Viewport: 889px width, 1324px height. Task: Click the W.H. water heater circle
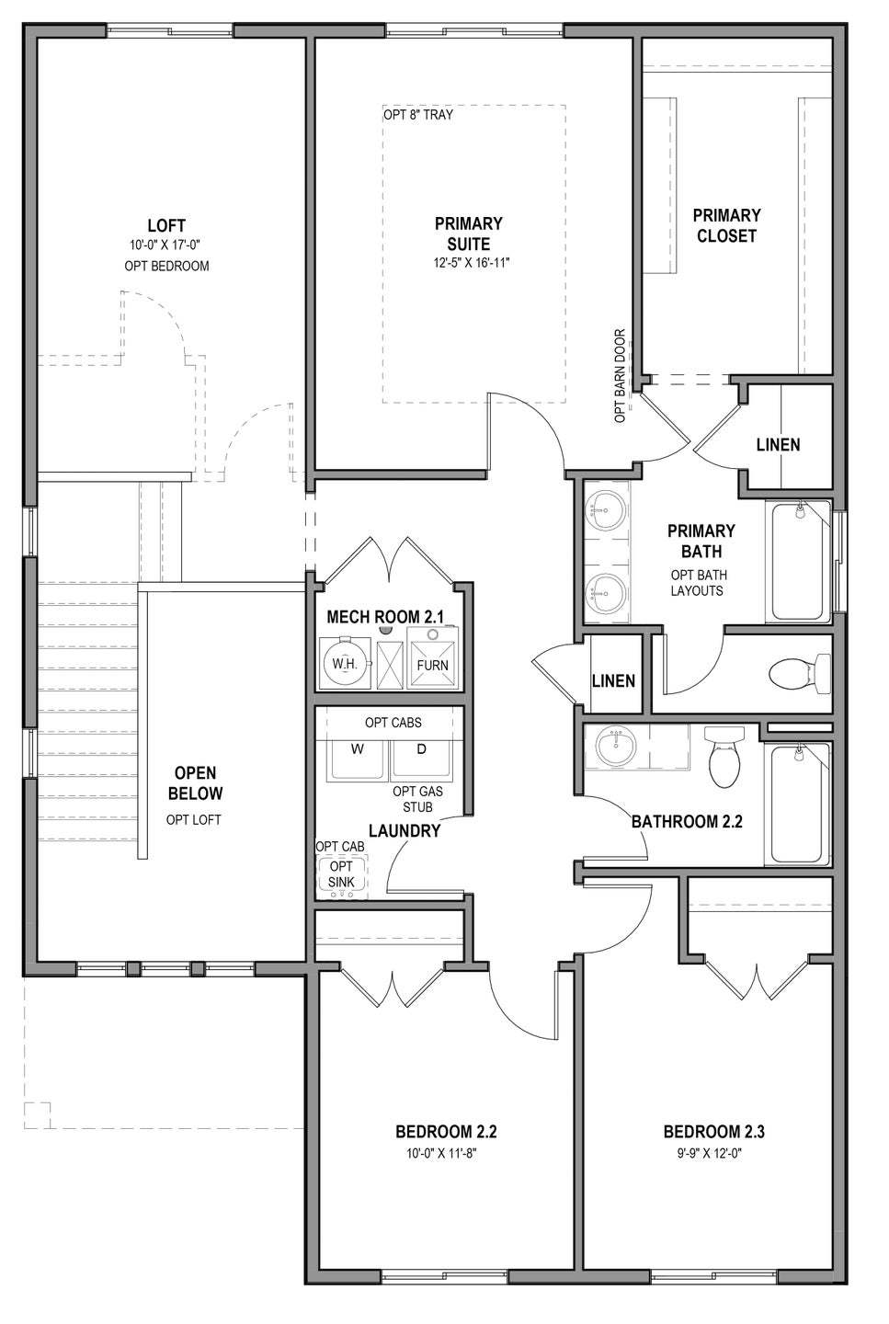[x=345, y=663]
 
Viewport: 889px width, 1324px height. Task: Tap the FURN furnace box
[x=433, y=657]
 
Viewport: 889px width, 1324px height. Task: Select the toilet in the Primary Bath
[x=801, y=673]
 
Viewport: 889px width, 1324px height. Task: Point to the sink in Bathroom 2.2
[x=615, y=747]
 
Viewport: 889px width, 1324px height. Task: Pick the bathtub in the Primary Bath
[x=799, y=561]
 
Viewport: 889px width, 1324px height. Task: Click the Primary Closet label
[x=726, y=225]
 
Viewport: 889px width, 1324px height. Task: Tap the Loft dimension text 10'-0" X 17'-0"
[x=166, y=245]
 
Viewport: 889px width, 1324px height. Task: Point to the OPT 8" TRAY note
[x=418, y=115]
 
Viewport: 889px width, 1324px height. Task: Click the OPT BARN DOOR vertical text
[x=620, y=376]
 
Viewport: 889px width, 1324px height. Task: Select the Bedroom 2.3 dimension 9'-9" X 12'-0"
[x=710, y=1153]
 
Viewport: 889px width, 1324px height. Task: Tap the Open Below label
[x=195, y=783]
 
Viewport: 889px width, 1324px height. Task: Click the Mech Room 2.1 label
[x=385, y=617]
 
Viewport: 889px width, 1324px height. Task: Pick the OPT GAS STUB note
[x=418, y=798]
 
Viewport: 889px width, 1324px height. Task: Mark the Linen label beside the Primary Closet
[x=779, y=444]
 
